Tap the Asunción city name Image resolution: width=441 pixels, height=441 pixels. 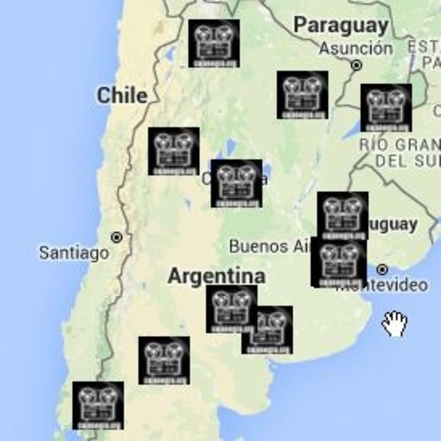pyautogui.click(x=356, y=49)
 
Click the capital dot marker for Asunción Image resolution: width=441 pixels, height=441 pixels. pyautogui.click(x=357, y=65)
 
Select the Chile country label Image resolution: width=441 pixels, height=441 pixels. pyautogui.click(x=122, y=96)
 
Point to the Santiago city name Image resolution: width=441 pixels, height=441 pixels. pyautogui.click(x=74, y=253)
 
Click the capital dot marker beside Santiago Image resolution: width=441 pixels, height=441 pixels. pyautogui.click(x=117, y=237)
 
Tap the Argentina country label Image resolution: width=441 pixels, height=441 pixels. pyautogui.click(x=217, y=276)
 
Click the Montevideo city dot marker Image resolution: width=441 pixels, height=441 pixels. pyautogui.click(x=382, y=269)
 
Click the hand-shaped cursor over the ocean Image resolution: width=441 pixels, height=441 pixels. pyautogui.click(x=395, y=324)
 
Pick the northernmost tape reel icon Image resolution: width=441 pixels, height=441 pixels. pyautogui.click(x=214, y=43)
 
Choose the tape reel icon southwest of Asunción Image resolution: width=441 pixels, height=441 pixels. pyautogui.click(x=302, y=95)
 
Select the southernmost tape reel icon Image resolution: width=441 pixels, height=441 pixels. pyautogui.click(x=98, y=405)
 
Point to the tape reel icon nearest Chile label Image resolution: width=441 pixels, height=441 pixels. pyautogui.click(x=174, y=151)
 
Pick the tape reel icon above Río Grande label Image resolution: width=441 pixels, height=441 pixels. pyautogui.click(x=386, y=107)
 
